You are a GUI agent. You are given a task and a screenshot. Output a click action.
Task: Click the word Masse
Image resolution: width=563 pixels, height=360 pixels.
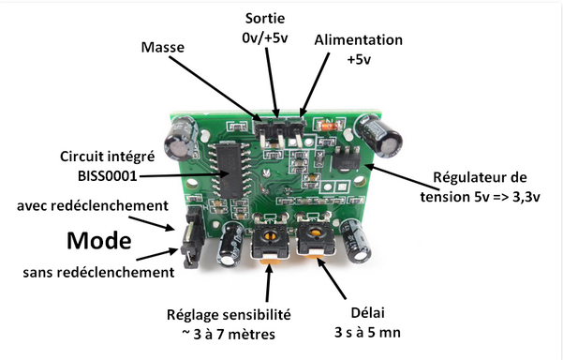[163, 47]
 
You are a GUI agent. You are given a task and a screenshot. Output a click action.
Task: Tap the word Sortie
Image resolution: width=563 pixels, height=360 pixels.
[265, 19]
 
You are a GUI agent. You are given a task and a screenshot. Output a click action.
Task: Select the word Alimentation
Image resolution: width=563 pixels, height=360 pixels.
[359, 40]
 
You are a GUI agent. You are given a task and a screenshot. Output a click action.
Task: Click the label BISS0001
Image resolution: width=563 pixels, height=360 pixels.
[108, 176]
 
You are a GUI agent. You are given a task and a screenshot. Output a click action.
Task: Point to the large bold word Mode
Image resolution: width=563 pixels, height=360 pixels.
[99, 240]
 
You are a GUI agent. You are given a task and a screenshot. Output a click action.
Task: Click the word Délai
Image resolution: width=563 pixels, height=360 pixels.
[367, 312]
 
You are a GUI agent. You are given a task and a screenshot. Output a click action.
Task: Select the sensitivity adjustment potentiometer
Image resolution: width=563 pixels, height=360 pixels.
[270, 240]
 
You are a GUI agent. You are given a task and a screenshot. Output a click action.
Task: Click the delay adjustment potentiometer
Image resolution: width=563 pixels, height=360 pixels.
[316, 237]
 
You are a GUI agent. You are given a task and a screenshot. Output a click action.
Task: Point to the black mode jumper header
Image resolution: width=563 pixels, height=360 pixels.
[192, 237]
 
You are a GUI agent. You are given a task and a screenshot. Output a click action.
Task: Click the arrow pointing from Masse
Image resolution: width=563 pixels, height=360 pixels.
[215, 89]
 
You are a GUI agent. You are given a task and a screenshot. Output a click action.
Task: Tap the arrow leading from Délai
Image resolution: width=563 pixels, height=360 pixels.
[331, 277]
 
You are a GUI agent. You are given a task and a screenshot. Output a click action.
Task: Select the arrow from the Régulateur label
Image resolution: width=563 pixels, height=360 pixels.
[402, 177]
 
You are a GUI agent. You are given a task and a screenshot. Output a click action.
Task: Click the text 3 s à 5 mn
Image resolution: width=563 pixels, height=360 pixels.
[367, 332]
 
